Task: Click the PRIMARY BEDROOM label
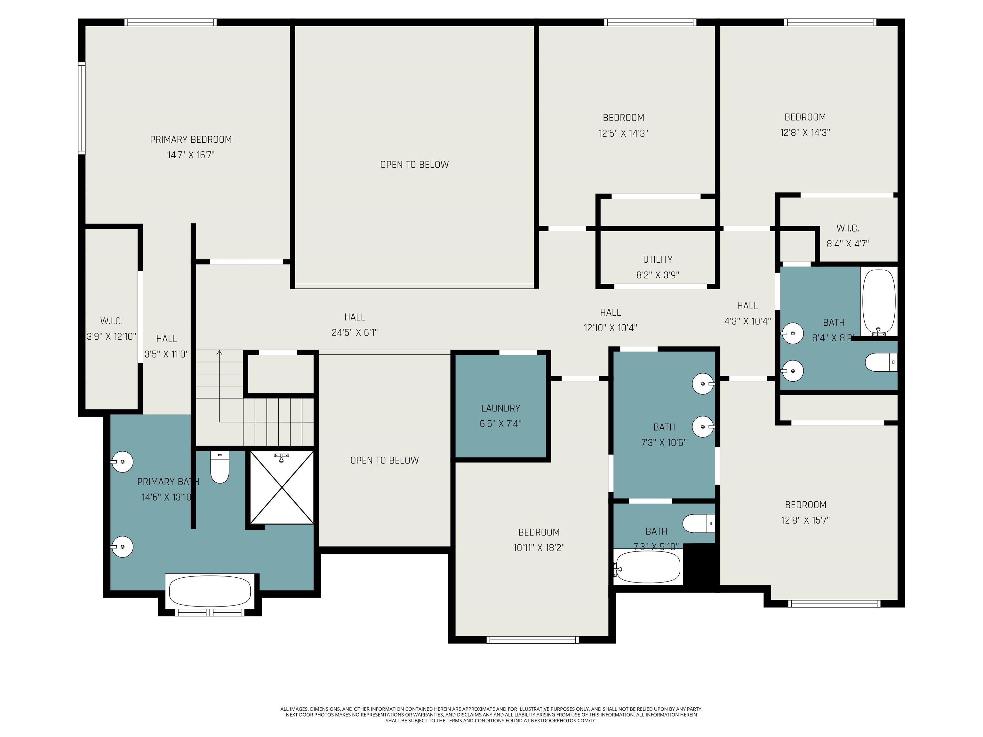click(x=191, y=139)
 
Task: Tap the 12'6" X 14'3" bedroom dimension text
click(x=623, y=133)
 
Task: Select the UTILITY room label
click(x=657, y=259)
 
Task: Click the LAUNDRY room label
click(x=500, y=408)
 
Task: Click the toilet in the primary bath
click(x=219, y=468)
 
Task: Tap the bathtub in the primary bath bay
click(x=210, y=591)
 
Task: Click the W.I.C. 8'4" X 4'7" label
click(x=847, y=228)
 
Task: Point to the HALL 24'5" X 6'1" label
click(x=355, y=317)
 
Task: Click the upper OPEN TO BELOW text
click(x=414, y=165)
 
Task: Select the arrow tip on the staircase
click(x=219, y=352)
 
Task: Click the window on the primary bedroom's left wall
click(x=82, y=108)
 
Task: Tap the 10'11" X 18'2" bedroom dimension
click(x=539, y=548)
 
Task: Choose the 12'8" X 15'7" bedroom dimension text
click(x=805, y=520)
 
